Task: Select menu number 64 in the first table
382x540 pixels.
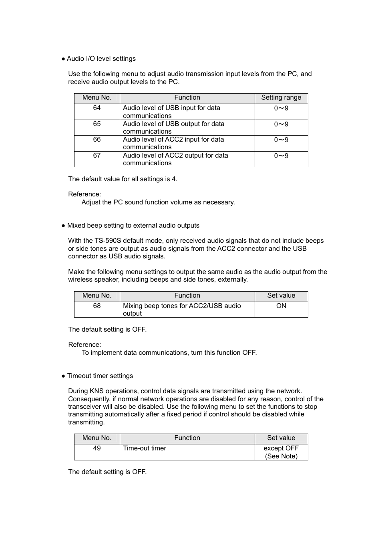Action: pyautogui.click(x=97, y=108)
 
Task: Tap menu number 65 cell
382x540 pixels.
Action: pyautogui.click(x=97, y=124)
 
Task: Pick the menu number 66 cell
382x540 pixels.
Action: pyautogui.click(x=97, y=140)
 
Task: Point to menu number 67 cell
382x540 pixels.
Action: pyautogui.click(x=97, y=156)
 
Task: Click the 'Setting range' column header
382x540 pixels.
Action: pyautogui.click(x=281, y=98)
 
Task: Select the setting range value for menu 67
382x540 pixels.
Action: pyautogui.click(x=281, y=156)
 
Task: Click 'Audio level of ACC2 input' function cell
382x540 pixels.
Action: pyautogui.click(x=173, y=143)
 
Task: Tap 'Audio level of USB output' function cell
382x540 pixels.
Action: pyautogui.click(x=173, y=128)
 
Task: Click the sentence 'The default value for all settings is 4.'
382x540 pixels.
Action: pyautogui.click(x=123, y=179)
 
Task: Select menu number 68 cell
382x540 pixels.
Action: pyautogui.click(x=97, y=306)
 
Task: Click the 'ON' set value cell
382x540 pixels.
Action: pyautogui.click(x=281, y=306)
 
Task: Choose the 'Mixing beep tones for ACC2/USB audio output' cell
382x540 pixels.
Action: pyautogui.click(x=182, y=310)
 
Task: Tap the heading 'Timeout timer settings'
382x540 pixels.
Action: pyautogui.click(x=100, y=376)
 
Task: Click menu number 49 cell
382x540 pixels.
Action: pyautogui.click(x=97, y=448)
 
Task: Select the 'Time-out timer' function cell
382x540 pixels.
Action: pyautogui.click(x=145, y=448)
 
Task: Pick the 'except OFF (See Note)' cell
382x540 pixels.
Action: pyautogui.click(x=281, y=452)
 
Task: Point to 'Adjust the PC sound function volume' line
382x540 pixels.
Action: pyautogui.click(x=158, y=202)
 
